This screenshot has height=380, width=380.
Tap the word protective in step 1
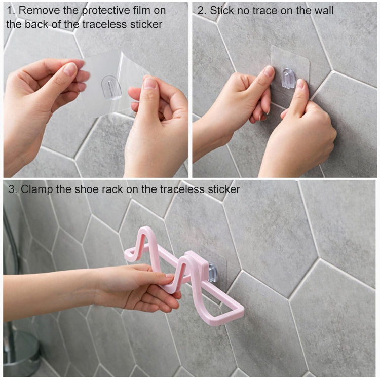coord(102,10)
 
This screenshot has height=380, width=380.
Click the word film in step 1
coord(144,10)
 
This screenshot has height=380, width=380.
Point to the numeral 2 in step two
coord(201,10)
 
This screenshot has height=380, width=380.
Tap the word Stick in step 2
coord(222,10)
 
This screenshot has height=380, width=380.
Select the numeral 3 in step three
coord(12,189)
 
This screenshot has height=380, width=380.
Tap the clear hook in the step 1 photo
coord(112,87)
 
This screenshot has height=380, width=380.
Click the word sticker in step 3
coord(223,189)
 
